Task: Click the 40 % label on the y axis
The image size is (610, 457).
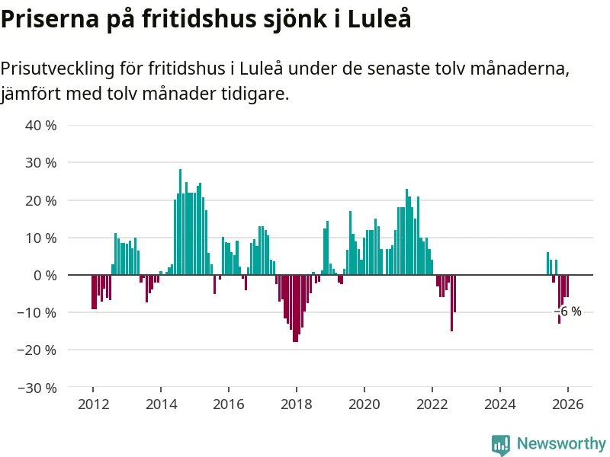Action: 41,125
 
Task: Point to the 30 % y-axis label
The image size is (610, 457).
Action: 41,162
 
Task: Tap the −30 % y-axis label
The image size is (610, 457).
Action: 37,388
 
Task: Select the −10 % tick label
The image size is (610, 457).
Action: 37,312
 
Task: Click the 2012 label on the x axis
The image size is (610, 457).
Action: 93,404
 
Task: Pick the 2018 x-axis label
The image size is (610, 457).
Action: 297,404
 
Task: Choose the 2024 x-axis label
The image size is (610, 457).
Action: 500,404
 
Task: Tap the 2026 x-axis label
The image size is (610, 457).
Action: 568,404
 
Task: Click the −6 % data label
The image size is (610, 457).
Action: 568,312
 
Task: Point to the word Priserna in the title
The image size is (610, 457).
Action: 47,20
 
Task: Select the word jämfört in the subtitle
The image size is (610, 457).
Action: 30,94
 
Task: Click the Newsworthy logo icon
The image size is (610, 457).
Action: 500,444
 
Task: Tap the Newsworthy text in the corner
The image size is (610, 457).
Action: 561,443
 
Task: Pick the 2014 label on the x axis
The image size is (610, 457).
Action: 161,404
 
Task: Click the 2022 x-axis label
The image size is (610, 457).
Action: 432,404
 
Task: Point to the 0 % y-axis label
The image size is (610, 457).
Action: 45,275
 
